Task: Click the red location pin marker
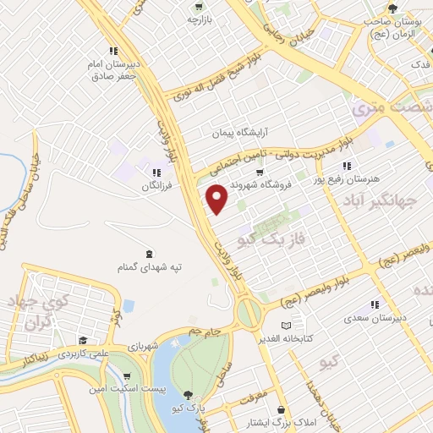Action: (217, 199)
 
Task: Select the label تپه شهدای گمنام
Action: (151, 267)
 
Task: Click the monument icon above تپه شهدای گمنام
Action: (151, 254)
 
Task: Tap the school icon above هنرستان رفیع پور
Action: (344, 166)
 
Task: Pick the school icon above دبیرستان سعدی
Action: (374, 305)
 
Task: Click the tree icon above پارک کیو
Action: (188, 394)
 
